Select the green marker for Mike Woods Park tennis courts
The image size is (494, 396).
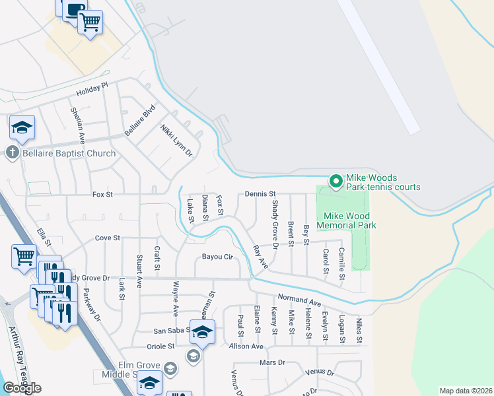(336, 180)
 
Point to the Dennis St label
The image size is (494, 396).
(260, 194)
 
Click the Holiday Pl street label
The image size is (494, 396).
(92, 90)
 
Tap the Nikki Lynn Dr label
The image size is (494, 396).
(176, 141)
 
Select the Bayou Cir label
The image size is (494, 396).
(219, 256)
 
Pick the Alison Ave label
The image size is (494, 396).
(246, 346)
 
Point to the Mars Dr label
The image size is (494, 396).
(272, 362)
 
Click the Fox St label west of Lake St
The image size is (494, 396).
(103, 195)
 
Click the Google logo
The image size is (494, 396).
(22, 388)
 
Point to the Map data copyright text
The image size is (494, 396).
(466, 391)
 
